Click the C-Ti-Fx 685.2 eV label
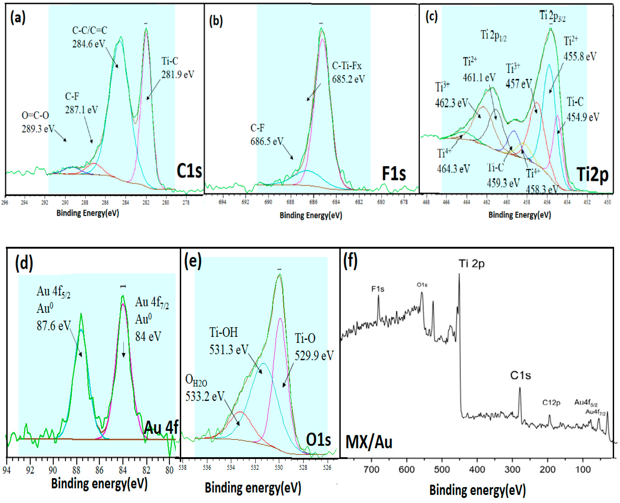click(348, 72)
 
